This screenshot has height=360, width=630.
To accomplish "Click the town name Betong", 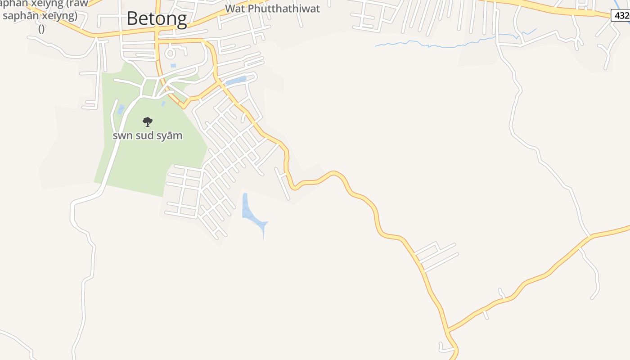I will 157,19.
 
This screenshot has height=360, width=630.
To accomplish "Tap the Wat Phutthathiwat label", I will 272,9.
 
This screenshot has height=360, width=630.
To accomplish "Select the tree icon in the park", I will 148,121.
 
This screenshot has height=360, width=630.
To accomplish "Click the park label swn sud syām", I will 148,135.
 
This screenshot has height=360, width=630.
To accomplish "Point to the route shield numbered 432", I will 621,15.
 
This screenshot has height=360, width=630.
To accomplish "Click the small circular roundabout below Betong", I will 170,54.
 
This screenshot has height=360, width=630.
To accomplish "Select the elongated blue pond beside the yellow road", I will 236,81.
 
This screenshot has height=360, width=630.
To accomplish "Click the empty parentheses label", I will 41,29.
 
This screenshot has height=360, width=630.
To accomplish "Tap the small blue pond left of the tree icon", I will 121,109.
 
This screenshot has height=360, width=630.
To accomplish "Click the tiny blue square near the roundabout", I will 173,66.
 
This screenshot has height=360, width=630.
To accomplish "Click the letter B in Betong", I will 131,19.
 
